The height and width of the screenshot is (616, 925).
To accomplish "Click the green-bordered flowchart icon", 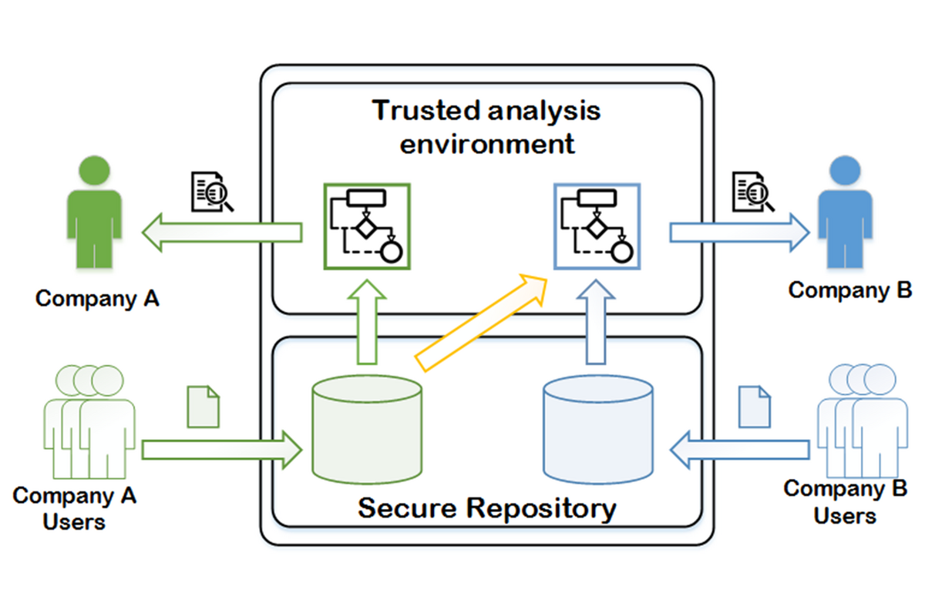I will [366, 226].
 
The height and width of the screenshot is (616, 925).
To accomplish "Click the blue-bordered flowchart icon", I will [597, 226].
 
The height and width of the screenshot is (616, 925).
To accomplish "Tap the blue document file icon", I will [754, 407].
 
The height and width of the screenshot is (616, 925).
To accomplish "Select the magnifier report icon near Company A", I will [211, 192].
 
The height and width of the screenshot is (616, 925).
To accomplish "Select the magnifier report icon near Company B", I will [754, 192].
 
